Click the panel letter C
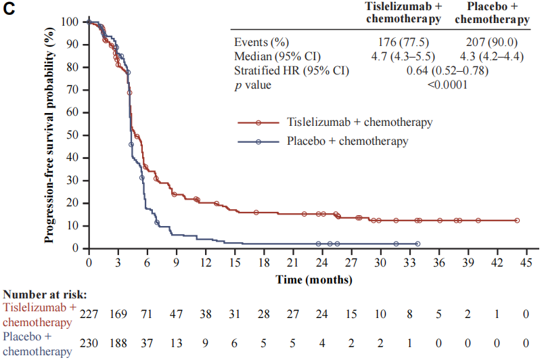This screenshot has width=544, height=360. click(8, 9)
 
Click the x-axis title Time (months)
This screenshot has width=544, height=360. click(313, 278)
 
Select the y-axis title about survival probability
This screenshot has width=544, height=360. click(49, 135)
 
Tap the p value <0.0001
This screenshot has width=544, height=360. click(447, 85)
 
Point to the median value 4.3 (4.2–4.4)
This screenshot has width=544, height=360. click(491, 55)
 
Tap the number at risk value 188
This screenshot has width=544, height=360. click(118, 342)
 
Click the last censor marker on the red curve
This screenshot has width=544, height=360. click(517, 221)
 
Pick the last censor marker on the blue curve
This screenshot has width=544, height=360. click(417, 244)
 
